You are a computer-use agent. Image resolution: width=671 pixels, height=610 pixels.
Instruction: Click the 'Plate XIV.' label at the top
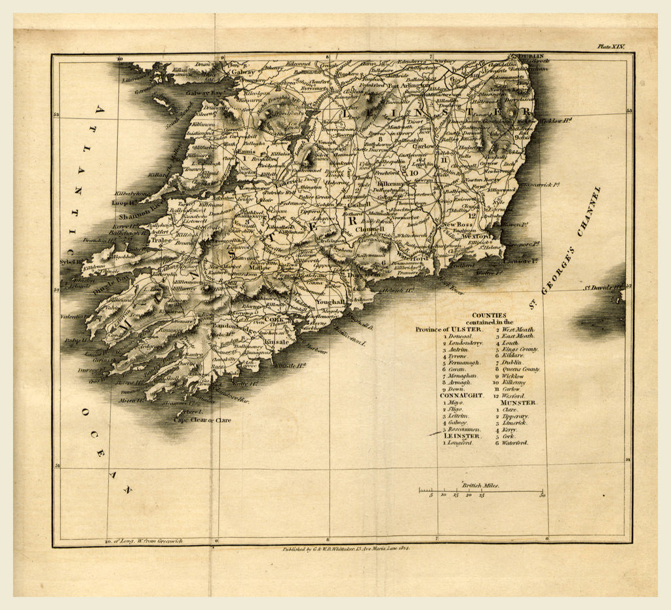point(611,47)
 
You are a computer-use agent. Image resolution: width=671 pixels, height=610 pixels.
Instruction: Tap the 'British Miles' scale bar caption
point(480,486)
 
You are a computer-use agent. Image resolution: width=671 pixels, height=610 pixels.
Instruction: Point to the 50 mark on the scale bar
point(542,496)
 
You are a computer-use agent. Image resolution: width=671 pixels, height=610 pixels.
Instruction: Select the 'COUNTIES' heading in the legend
point(489,315)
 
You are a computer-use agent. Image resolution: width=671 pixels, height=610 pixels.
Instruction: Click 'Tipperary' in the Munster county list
point(515,416)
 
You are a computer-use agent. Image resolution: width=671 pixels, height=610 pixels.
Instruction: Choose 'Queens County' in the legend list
point(522,370)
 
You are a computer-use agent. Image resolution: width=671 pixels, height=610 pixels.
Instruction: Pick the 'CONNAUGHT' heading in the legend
point(461,396)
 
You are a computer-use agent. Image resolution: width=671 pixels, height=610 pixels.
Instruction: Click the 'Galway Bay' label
point(204,94)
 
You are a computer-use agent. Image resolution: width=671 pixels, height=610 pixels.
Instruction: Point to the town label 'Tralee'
point(161,240)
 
